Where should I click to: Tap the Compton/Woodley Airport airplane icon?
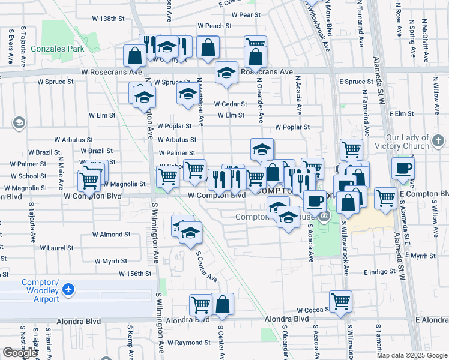(x=68, y=290)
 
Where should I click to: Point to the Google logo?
(x=20, y=353)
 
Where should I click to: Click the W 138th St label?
(x=108, y=19)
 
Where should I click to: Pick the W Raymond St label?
(x=188, y=343)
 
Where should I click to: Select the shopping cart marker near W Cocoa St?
(x=340, y=301)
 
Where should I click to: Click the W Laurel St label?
(x=60, y=247)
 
